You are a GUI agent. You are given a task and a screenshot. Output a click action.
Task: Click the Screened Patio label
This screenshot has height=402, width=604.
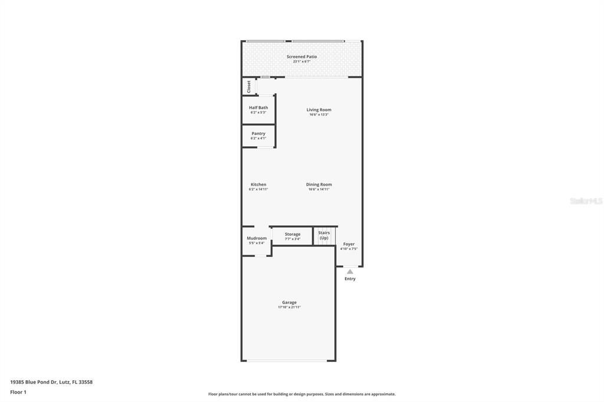tap(301, 57)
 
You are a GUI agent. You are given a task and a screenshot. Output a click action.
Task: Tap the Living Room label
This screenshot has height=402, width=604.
tap(319, 110)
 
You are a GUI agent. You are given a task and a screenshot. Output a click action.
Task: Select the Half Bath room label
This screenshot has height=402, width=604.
tap(258, 107)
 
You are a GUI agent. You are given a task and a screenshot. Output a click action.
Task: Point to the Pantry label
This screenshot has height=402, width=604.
tap(258, 133)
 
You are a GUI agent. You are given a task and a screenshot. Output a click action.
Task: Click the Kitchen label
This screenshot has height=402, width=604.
tap(258, 184)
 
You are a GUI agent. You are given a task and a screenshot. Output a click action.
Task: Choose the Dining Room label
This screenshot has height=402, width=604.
tap(319, 184)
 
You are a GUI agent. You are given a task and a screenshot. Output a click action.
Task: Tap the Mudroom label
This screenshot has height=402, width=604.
tap(257, 238)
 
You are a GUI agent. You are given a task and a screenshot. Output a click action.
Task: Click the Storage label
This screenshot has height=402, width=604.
tap(293, 234)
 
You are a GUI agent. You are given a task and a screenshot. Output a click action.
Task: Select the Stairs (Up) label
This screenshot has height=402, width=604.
tap(324, 235)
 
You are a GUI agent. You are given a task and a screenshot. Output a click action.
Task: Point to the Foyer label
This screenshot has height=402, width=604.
tap(349, 244)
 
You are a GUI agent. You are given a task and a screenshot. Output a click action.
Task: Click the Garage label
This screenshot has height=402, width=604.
tap(289, 302)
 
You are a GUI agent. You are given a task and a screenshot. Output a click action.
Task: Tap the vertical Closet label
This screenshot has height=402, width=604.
tap(249, 87)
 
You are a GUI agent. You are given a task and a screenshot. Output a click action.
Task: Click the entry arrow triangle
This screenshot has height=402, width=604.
tap(350, 272)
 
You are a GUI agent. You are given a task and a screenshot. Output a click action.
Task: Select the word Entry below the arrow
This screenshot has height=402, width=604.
tap(350, 279)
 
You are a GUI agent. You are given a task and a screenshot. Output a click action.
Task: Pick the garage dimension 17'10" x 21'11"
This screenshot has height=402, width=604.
tap(289, 308)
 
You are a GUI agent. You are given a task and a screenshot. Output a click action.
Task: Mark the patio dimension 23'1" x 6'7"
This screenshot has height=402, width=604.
tap(301, 61)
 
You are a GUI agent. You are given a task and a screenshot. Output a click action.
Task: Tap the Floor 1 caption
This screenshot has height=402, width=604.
tap(18, 392)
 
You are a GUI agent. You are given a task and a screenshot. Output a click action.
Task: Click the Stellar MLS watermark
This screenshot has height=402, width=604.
tap(586, 201)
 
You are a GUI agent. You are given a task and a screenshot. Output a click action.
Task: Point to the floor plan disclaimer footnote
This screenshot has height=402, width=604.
tap(301, 394)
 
